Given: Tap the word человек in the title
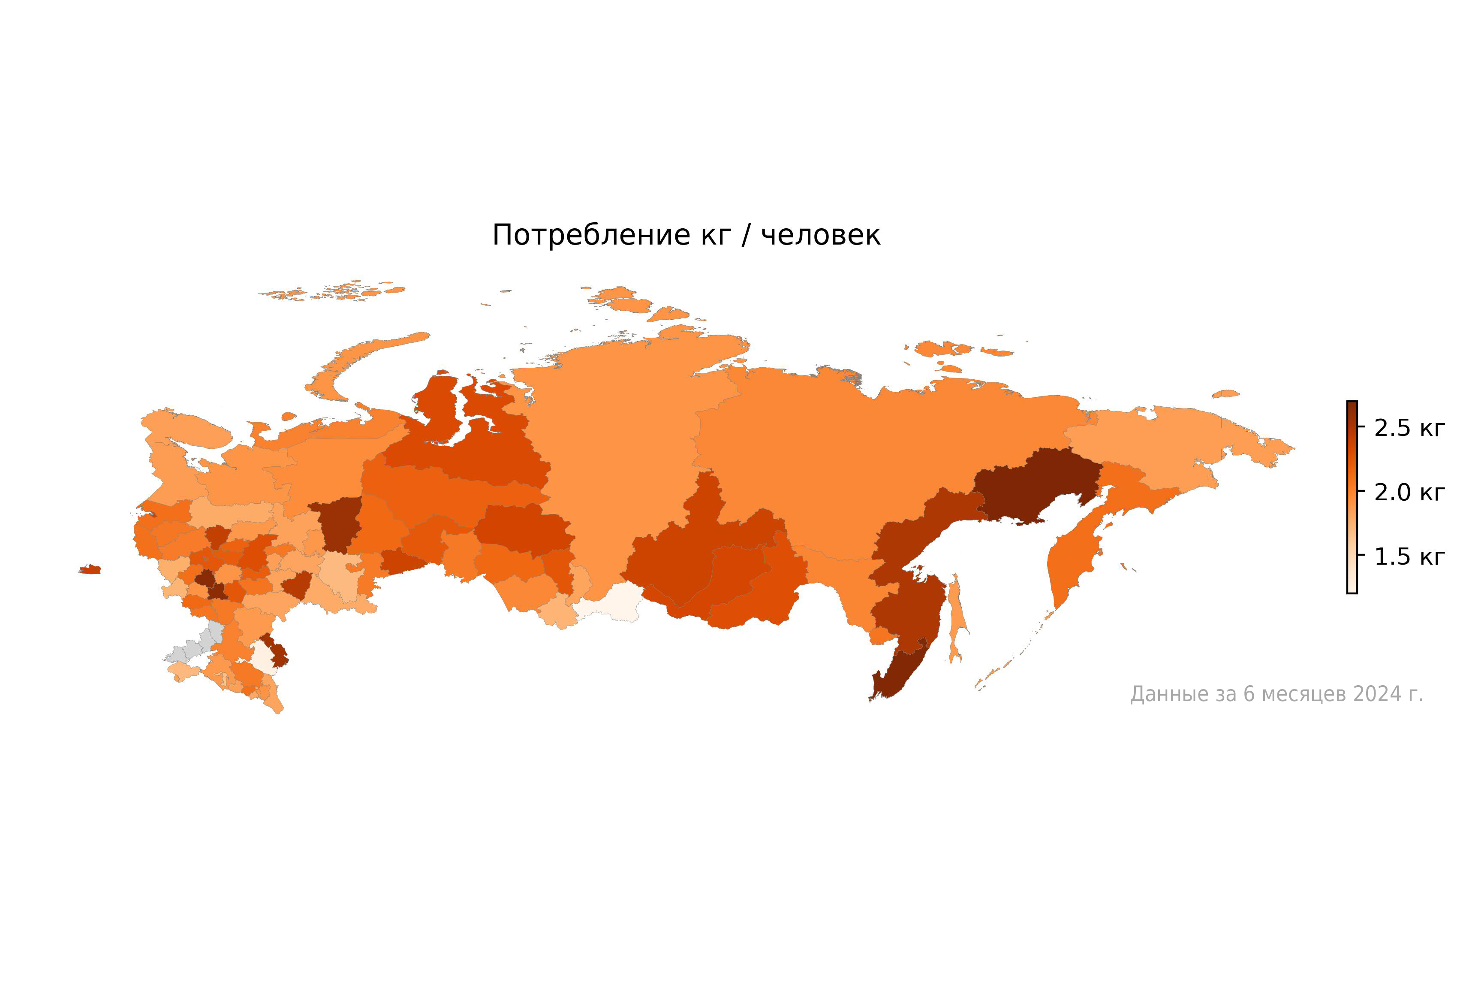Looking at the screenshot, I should click(x=820, y=236).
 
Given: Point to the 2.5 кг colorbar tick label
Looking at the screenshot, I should click(x=1409, y=428).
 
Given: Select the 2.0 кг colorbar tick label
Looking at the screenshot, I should click(x=1409, y=493).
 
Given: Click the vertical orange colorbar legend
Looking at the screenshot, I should click(x=1352, y=498).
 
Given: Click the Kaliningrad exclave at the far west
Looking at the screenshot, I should click(x=90, y=570).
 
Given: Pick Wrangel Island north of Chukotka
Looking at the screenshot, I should click(x=1225, y=394).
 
